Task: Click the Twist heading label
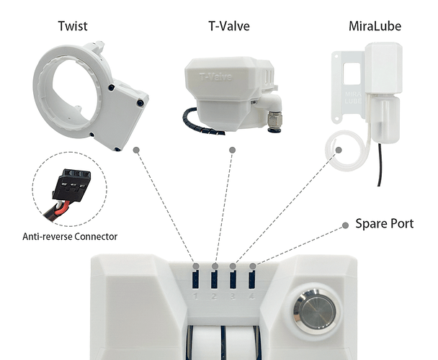pyautogui.click(x=73, y=26)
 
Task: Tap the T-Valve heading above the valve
pyautogui.click(x=229, y=26)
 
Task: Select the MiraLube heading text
pyautogui.click(x=375, y=26)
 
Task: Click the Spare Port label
pyautogui.click(x=384, y=223)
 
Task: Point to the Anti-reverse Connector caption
pyautogui.click(x=70, y=237)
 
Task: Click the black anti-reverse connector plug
pyautogui.click(x=72, y=184)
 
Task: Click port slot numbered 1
pyautogui.click(x=195, y=279)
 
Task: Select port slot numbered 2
pyautogui.click(x=214, y=279)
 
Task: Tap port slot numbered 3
pyautogui.click(x=233, y=279)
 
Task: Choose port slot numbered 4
pyautogui.click(x=251, y=279)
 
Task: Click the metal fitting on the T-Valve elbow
pyautogui.click(x=274, y=122)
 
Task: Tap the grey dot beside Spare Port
pyautogui.click(x=345, y=225)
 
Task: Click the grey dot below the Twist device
pyautogui.click(x=136, y=150)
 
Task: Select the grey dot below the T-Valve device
pyautogui.click(x=232, y=150)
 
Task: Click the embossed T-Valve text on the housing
pyautogui.click(x=215, y=77)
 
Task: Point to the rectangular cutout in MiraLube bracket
pyautogui.click(x=352, y=73)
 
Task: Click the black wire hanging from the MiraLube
pyautogui.click(x=380, y=164)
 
